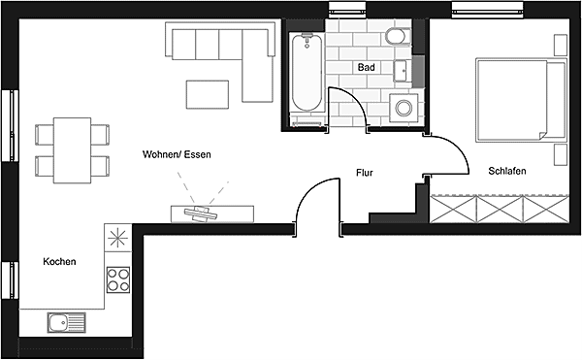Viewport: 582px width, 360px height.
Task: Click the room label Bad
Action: click(366, 67)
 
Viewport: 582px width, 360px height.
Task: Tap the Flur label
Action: click(364, 173)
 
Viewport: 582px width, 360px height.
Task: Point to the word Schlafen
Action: click(507, 171)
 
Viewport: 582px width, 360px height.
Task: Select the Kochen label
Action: click(59, 261)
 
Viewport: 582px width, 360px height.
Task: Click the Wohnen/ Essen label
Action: click(177, 154)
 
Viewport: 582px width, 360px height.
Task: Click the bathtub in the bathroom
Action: click(307, 73)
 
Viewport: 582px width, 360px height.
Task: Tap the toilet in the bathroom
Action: click(397, 36)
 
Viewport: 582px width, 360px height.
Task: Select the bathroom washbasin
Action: click(402, 71)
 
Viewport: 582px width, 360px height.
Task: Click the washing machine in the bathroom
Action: click(404, 108)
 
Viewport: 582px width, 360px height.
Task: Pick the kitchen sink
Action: click(66, 322)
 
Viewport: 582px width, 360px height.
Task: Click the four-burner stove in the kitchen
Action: click(118, 279)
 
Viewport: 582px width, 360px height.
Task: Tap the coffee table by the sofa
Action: click(208, 95)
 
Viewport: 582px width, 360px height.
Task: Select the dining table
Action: click(72, 150)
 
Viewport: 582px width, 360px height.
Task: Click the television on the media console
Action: click(201, 213)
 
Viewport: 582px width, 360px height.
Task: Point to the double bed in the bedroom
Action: click(521, 100)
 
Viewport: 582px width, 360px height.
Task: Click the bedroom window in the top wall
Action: click(487, 10)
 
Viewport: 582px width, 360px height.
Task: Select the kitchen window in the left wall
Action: click(10, 279)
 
